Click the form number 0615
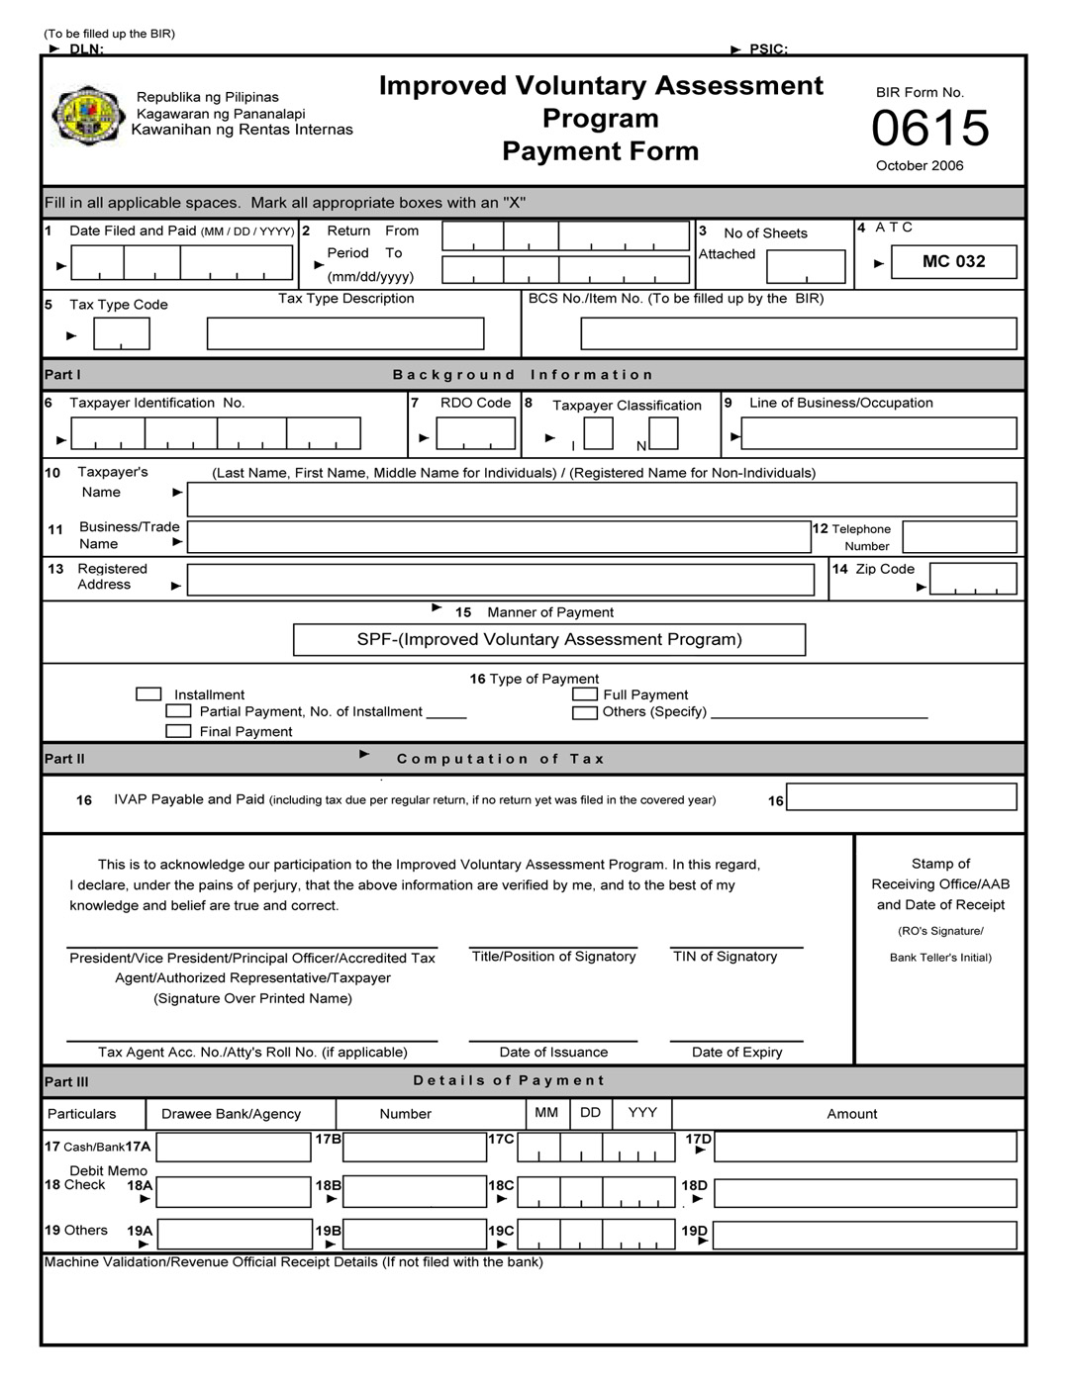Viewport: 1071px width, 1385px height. coord(929,129)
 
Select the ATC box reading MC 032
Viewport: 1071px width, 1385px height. coord(953,261)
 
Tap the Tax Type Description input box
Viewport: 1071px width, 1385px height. coord(344,333)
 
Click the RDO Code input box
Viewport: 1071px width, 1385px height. coord(476,433)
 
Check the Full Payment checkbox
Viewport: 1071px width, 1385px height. coord(584,694)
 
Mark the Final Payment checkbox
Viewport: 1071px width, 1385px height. coord(178,731)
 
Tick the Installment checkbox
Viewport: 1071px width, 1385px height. coord(148,694)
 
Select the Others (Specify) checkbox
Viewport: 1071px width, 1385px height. coord(584,712)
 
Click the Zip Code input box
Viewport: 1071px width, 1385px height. coord(972,579)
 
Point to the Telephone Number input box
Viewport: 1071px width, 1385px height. coord(959,537)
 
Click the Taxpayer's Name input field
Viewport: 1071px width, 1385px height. coord(601,499)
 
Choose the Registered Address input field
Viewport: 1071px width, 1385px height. coord(500,580)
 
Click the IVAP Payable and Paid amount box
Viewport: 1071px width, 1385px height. coord(901,797)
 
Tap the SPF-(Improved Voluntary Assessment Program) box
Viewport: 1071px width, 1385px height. coord(549,639)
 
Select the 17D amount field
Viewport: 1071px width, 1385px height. coord(864,1147)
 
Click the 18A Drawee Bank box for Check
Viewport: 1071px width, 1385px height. coord(234,1192)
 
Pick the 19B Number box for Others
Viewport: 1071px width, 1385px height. coord(414,1235)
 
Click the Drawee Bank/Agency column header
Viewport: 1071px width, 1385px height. coord(231,1114)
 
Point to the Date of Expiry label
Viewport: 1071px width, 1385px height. coord(736,1052)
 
